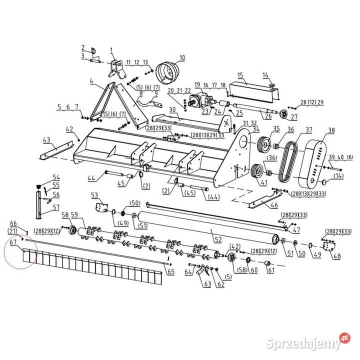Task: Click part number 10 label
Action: [x=182, y=57]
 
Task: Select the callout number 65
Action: [x=171, y=271]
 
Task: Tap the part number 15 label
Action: [x=240, y=75]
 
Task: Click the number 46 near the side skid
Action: [x=274, y=204]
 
